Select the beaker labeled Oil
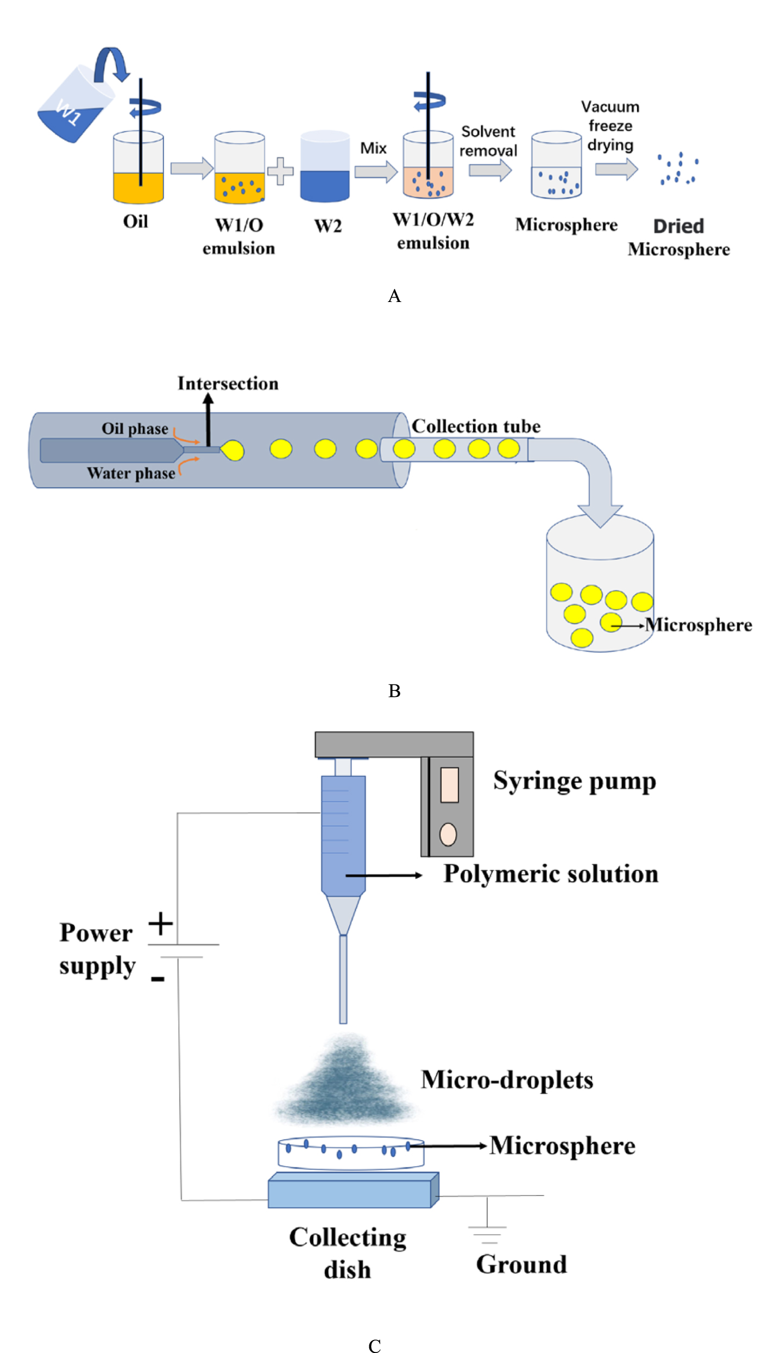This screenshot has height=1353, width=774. (139, 168)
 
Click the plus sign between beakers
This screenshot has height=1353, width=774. (280, 171)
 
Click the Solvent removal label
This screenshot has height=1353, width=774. (488, 141)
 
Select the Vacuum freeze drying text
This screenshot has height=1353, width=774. (610, 125)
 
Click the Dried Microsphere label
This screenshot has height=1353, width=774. (678, 237)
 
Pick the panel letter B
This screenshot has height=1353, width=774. (394, 691)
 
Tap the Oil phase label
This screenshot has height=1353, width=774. (135, 429)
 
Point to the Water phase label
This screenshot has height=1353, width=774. (131, 473)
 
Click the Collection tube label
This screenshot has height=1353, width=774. (476, 426)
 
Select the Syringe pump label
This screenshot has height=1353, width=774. (574, 782)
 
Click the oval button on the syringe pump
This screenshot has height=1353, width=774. (448, 834)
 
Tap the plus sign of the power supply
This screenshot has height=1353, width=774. (160, 923)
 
